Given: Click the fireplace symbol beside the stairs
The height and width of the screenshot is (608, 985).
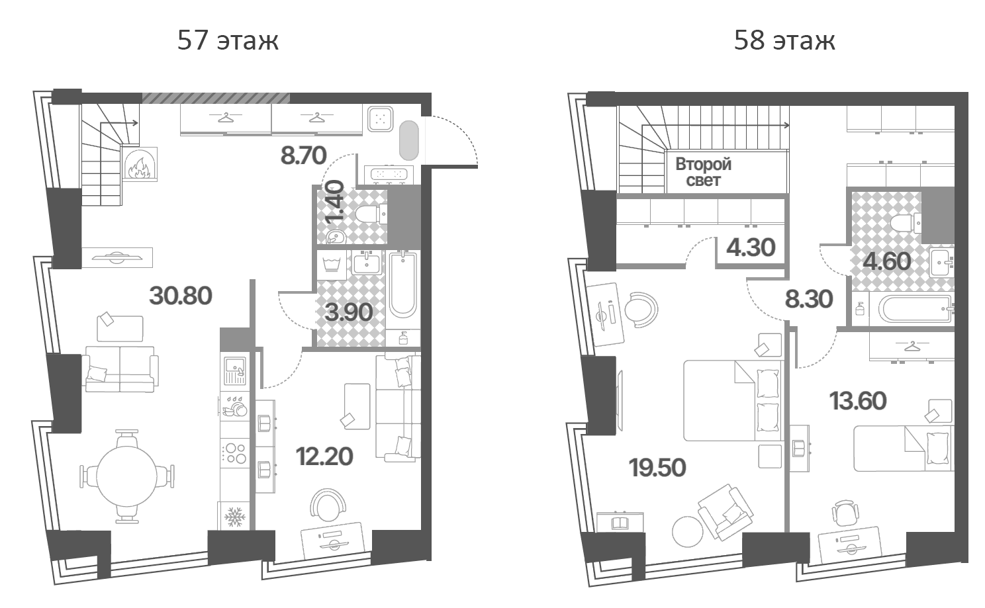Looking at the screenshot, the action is point(140,163).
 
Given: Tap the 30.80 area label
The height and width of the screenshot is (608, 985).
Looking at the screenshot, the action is point(181,296).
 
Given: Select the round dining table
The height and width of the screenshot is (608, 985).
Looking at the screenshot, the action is point(126,477).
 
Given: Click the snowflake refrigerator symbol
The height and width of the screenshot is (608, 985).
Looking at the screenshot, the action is point(235,517).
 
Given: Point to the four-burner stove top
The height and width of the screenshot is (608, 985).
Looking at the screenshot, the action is point(235,453).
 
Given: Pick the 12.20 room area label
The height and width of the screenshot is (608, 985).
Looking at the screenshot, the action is point(324,456).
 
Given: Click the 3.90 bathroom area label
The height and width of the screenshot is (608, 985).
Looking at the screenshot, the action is point(349,312).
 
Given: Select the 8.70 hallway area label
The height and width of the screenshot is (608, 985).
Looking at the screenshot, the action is point(304,155).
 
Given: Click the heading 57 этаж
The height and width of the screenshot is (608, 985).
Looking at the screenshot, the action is point(228,40).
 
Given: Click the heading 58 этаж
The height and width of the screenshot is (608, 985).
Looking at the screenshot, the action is point(784,40).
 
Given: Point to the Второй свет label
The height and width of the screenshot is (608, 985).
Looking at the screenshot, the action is point(703,172).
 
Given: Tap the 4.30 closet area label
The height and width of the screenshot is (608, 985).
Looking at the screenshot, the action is point(751,248).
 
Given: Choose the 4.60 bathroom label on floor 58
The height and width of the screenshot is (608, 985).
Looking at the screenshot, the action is point(887,261).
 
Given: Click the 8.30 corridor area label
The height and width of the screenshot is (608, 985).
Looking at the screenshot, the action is point(809,300).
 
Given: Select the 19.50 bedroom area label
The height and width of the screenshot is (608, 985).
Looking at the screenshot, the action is point(657,467).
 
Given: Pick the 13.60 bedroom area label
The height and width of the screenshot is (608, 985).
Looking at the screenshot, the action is point(858,401).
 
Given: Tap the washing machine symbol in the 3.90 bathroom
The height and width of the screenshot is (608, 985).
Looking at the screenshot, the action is point(332,265).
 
